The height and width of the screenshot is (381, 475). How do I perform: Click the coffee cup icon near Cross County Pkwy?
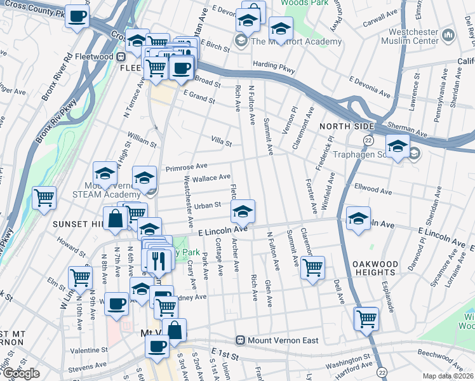point(77,17)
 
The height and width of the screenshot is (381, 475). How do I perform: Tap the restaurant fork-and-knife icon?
point(157,260)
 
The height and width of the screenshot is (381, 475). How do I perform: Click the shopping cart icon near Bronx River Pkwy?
point(44,197)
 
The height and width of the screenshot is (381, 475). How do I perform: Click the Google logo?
point(20,373)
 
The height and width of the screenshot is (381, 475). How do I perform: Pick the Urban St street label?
point(207,205)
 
